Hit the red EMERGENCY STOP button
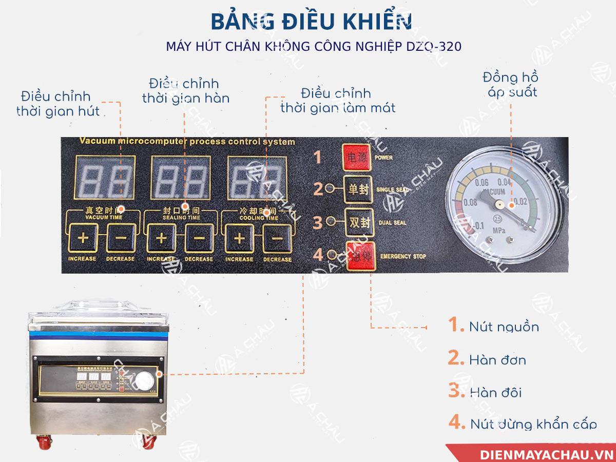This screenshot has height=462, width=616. pyautogui.click(x=360, y=255)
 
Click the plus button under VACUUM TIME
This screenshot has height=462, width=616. pyautogui.click(x=83, y=238)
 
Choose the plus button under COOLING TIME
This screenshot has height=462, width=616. pyautogui.click(x=239, y=238)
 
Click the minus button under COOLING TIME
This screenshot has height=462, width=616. pyautogui.click(x=277, y=238)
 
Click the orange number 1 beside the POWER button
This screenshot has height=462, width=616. pyautogui.click(x=318, y=157)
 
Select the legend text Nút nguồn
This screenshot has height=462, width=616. pyautogui.click(x=504, y=326)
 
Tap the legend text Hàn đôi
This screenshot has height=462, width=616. pyautogui.click(x=495, y=393)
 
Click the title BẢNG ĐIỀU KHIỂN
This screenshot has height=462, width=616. pyautogui.click(x=311, y=22)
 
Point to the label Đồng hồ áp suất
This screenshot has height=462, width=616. pyautogui.click(x=510, y=85)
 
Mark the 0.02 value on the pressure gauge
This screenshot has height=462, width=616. pyautogui.click(x=521, y=201)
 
